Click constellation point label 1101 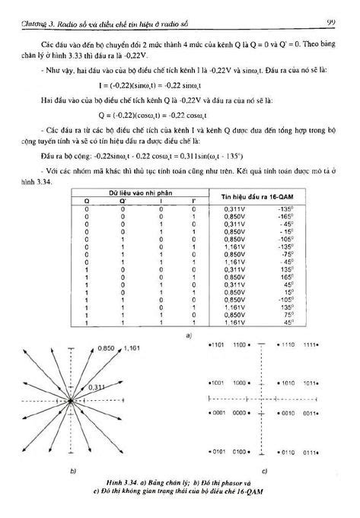216,345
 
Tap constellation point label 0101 216,452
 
